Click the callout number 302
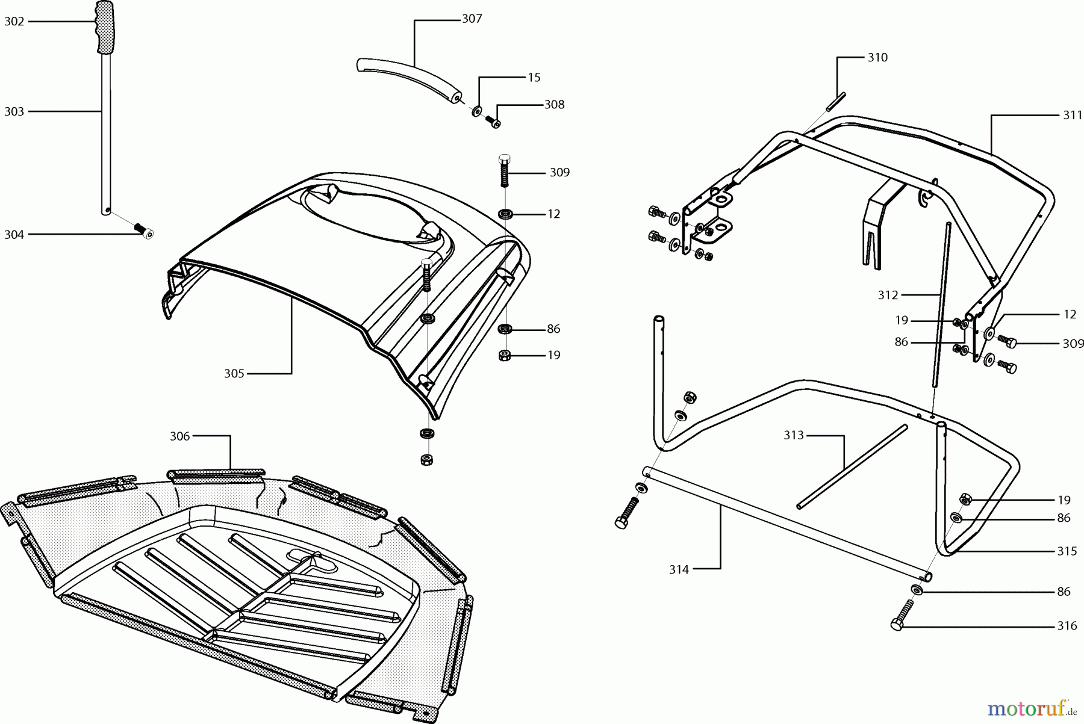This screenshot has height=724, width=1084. click(x=14, y=22)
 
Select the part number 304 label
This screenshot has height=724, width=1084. click(x=14, y=235)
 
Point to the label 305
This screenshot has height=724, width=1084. click(x=234, y=374)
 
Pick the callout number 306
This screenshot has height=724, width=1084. click(x=179, y=436)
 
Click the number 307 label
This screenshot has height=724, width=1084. click(x=472, y=19)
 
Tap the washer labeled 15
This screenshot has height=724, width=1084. click(x=477, y=111)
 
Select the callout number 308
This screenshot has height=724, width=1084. click(x=554, y=105)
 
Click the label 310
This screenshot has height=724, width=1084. click(x=877, y=58)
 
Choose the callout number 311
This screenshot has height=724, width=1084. click(x=1072, y=116)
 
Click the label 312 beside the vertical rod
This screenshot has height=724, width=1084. click(x=888, y=295)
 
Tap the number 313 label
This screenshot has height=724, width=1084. click(x=794, y=435)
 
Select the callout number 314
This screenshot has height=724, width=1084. click(x=679, y=569)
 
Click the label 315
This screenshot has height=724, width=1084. click(x=1067, y=551)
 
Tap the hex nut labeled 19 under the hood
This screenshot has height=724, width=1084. click(x=505, y=355)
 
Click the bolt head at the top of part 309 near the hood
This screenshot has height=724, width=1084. click(x=505, y=160)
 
